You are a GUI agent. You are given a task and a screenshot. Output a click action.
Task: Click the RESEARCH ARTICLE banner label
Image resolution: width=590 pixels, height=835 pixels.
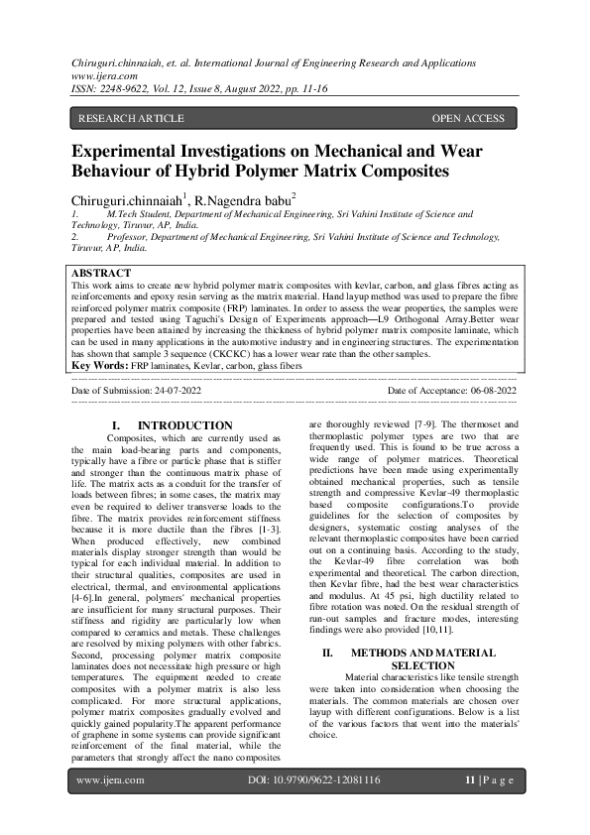[131, 119]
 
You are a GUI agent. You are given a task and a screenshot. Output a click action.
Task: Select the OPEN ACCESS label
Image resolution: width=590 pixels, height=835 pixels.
[468, 119]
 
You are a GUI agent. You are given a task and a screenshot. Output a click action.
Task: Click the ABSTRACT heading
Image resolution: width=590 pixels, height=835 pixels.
[101, 273]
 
